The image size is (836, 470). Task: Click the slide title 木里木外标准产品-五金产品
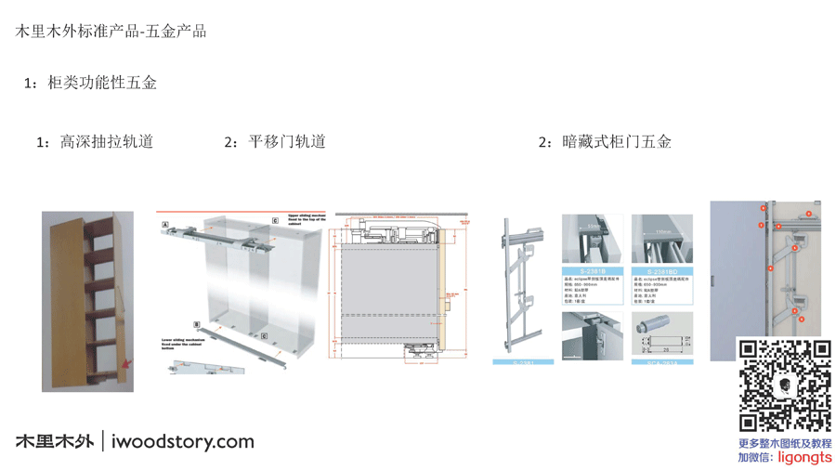click(x=111, y=31)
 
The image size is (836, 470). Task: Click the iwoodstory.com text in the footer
click(x=182, y=441)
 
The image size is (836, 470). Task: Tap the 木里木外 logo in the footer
click(x=54, y=441)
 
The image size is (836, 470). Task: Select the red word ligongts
click(x=804, y=457)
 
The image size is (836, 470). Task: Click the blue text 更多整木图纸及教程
click(x=785, y=444)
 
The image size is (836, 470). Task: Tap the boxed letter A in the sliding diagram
click(x=165, y=225)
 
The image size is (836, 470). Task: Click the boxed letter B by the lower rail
click(x=197, y=324)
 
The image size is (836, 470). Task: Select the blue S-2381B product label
click(x=592, y=271)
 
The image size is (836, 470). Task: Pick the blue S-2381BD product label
click(x=661, y=271)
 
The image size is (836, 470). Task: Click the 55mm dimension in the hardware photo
click(x=592, y=226)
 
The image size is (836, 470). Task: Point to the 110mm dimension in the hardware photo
click(x=662, y=232)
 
